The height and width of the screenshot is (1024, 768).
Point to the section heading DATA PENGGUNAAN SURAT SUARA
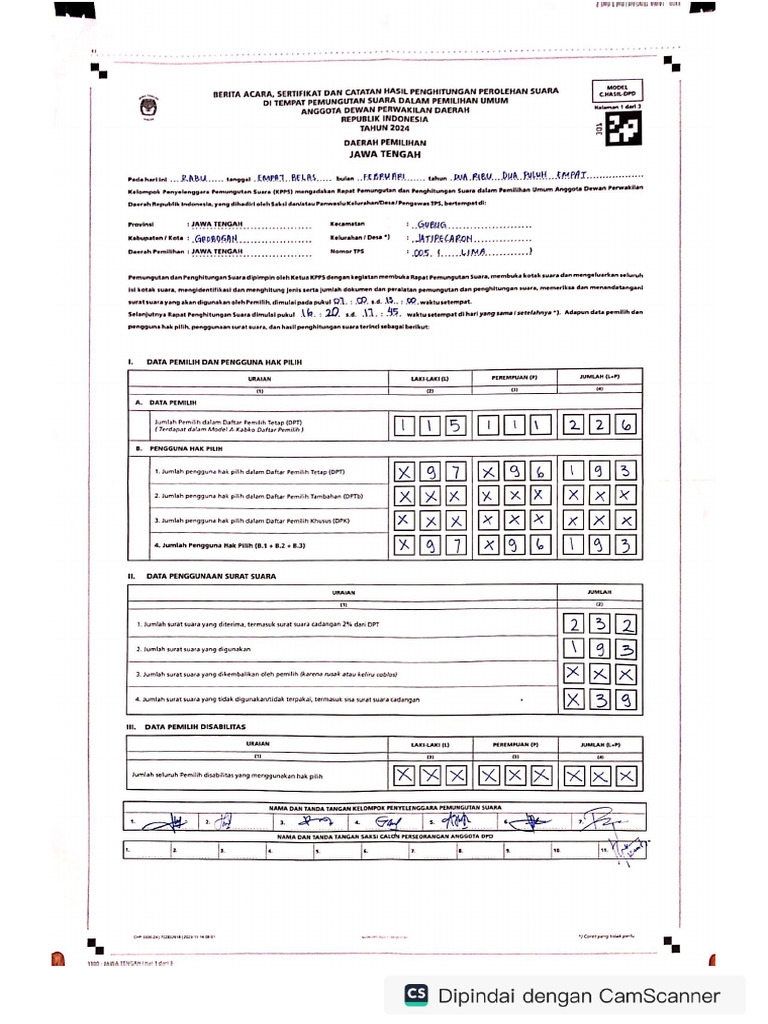pos(212,577)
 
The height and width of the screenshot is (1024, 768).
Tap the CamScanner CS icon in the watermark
pos(416,995)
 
